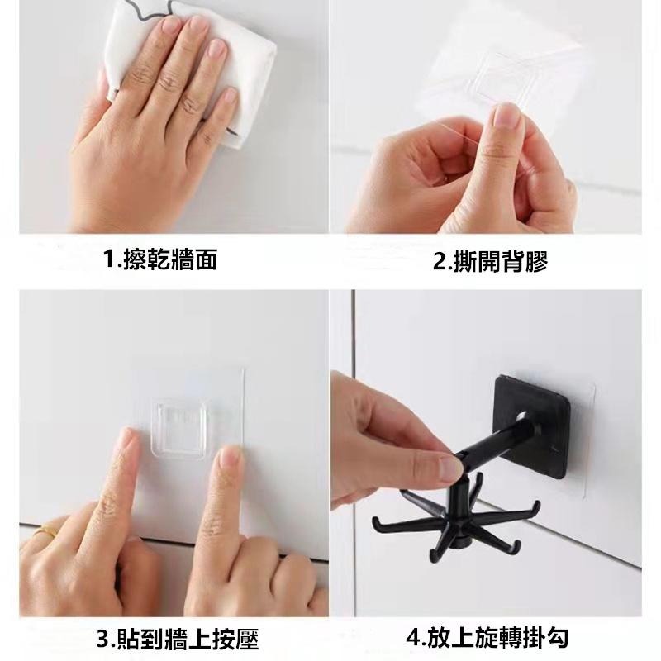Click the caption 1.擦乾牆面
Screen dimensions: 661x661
[160, 259]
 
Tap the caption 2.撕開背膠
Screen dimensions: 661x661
[490, 262]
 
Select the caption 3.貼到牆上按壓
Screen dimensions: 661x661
[177, 639]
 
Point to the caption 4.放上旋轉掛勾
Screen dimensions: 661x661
[487, 637]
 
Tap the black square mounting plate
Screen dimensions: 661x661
[532, 426]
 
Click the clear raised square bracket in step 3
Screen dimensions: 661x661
[178, 428]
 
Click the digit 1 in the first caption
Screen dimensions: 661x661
[110, 259]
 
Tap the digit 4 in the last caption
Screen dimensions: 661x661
[414, 638]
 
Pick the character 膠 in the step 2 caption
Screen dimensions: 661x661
[535, 262]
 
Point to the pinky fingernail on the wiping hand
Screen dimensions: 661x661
[231, 94]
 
